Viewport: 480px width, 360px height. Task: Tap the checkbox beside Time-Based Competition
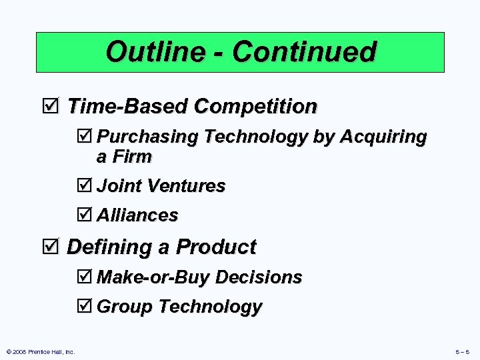point(55,106)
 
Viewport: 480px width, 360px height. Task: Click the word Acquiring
point(383,137)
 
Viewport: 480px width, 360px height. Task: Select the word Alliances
point(137,215)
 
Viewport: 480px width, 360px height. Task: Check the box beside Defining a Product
point(55,247)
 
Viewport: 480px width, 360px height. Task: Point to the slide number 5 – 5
point(461,351)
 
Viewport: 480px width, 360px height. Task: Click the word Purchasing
point(148,137)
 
